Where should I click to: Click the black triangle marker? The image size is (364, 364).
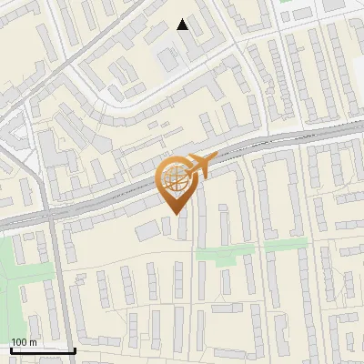[183, 25]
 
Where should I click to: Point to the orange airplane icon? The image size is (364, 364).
[201, 165]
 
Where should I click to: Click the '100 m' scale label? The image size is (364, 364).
[25, 341]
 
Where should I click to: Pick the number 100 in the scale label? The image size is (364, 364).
[20, 341]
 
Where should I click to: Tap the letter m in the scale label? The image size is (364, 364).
[33, 341]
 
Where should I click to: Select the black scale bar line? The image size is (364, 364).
[43, 349]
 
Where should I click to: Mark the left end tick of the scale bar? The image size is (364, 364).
[11, 348]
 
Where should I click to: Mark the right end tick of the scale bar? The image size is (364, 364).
[75, 348]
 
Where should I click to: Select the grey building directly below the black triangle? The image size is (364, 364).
[168, 60]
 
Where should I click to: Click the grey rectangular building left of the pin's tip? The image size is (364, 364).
[148, 231]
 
